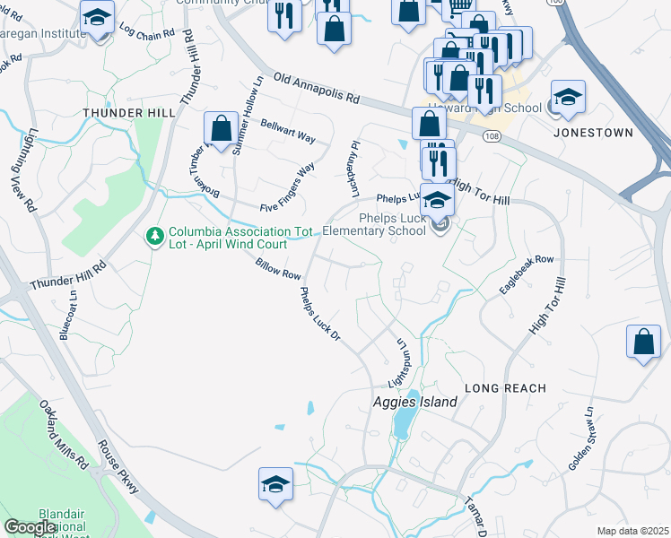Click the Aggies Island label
coord(414,403)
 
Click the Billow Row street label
coord(277,269)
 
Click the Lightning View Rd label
coord(23,169)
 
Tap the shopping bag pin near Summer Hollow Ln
coord(220,128)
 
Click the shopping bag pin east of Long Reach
coord(644,343)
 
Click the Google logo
coord(30,527)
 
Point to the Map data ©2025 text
coord(632,531)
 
